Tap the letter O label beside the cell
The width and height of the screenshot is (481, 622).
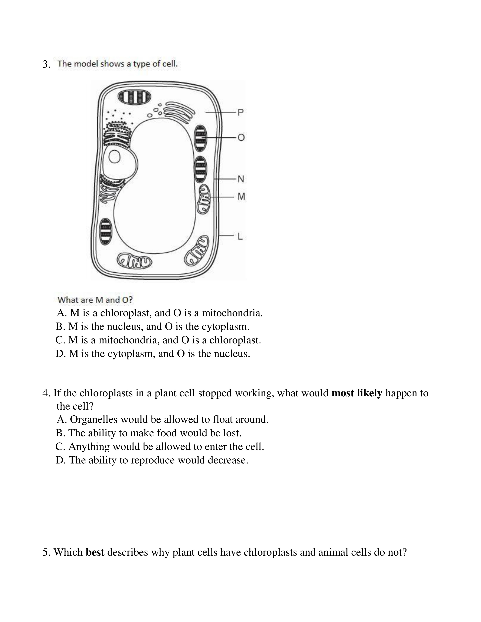coord(241,138)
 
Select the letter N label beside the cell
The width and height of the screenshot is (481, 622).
coord(241,179)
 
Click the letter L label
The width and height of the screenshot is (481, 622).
coord(240,236)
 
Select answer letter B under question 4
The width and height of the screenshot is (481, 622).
coord(60,433)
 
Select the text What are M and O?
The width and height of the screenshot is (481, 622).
coord(95,300)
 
